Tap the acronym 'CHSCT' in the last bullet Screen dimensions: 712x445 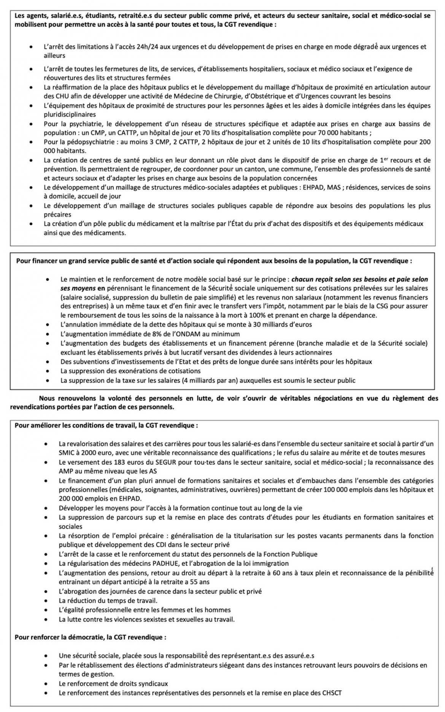tap(331, 693)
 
